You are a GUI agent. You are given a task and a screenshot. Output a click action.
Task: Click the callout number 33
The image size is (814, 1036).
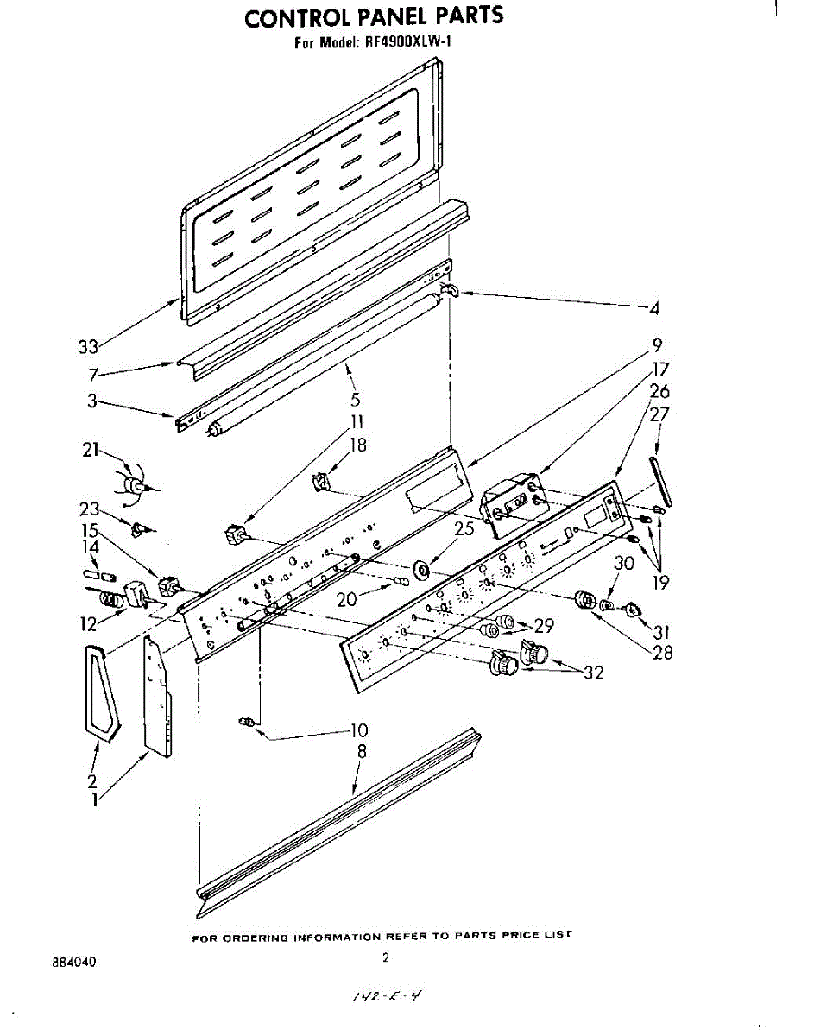[x=87, y=346]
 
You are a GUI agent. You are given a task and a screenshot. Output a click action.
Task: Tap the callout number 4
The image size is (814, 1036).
[x=655, y=308]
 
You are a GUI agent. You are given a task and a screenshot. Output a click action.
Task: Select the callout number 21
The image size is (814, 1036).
[x=91, y=451]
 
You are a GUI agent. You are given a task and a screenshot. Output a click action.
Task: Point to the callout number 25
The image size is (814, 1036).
[x=465, y=529]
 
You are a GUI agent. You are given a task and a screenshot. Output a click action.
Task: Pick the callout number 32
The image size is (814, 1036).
[x=593, y=673]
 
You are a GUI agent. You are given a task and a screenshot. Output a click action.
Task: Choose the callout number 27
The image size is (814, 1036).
[x=660, y=414]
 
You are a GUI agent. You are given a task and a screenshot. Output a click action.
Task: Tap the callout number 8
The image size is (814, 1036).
[x=362, y=752]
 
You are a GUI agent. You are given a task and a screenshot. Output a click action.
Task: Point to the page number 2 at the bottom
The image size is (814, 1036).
[x=386, y=957]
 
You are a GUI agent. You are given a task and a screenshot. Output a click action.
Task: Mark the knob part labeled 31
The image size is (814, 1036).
[x=632, y=610]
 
